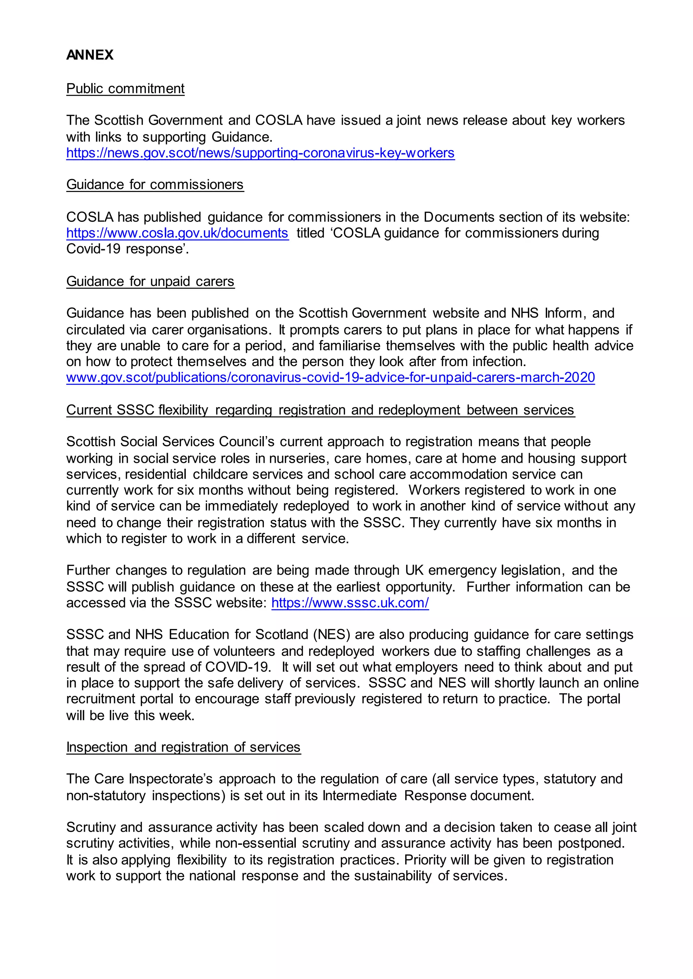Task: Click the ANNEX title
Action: coord(90,55)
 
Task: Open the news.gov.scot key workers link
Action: coord(260,153)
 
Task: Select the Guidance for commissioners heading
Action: coord(155,185)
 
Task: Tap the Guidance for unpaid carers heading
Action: coord(150,281)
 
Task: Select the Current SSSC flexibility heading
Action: coord(320,410)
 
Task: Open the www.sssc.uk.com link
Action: coord(350,603)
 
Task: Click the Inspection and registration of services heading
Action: coord(183,747)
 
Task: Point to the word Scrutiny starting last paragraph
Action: coord(91,828)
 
